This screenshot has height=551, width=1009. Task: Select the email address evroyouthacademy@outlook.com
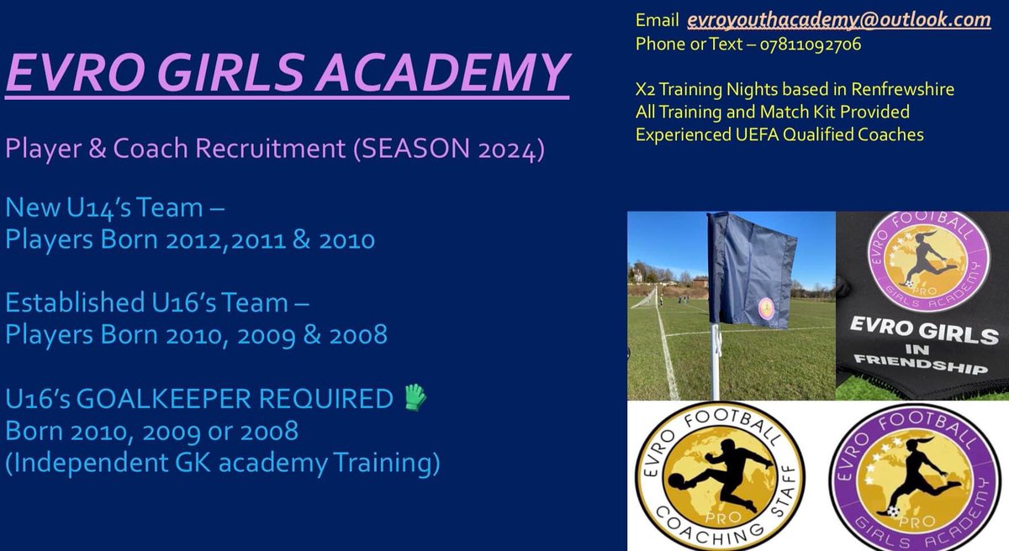point(838,20)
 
